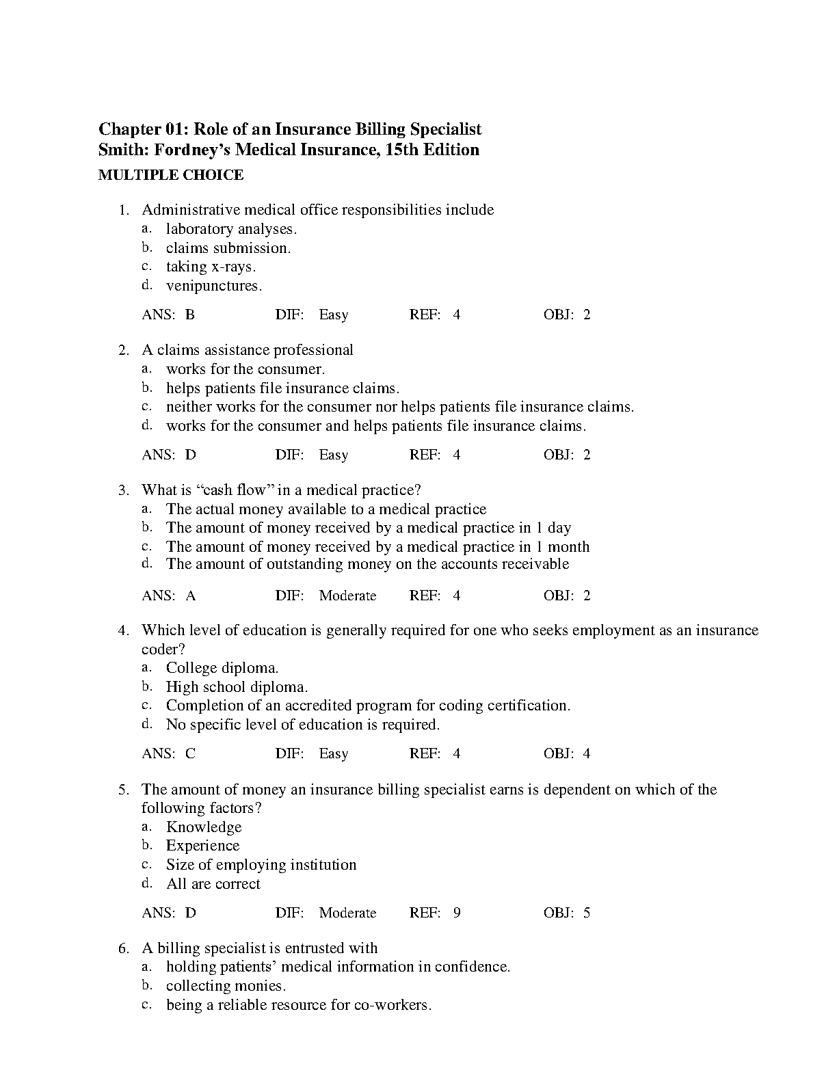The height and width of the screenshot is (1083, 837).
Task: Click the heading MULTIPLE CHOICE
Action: click(171, 175)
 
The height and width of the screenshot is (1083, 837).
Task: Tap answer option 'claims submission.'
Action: click(228, 248)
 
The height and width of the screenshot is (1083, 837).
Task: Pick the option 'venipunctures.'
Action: click(214, 286)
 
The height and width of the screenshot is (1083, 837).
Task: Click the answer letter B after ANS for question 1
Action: click(190, 315)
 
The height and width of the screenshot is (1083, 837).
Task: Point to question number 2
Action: click(123, 351)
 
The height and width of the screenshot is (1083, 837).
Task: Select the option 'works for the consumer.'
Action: click(245, 369)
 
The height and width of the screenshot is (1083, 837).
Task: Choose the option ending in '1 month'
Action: click(377, 547)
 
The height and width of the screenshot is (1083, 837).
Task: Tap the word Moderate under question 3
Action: click(347, 596)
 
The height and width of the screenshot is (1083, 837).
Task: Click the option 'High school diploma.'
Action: click(237, 687)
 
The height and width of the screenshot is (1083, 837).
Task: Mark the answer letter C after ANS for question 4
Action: click(190, 754)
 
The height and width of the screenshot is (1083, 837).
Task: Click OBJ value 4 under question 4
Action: click(587, 754)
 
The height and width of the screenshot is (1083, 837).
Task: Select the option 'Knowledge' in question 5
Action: click(204, 827)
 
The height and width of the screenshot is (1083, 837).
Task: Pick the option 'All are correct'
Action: click(213, 884)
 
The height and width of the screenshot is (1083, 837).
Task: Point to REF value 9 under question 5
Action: click(457, 913)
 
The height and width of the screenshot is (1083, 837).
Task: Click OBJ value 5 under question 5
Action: click(587, 913)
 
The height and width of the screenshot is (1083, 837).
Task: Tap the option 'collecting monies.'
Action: click(226, 986)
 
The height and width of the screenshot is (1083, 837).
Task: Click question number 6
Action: click(123, 948)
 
